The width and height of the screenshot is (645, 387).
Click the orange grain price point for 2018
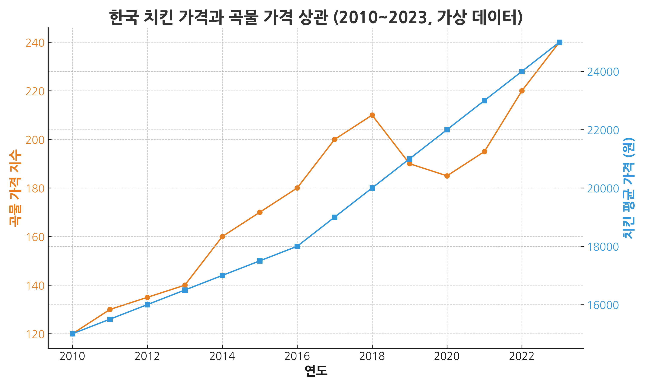click(x=372, y=115)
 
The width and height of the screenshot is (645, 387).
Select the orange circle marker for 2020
click(x=447, y=176)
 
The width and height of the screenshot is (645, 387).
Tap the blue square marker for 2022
click(x=522, y=71)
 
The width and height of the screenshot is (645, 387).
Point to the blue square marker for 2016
click(x=297, y=246)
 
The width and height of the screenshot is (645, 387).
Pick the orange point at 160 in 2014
click(x=222, y=236)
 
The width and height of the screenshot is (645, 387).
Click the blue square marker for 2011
click(x=110, y=319)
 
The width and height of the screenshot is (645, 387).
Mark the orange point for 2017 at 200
click(x=335, y=139)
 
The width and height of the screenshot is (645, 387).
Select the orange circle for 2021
click(x=484, y=152)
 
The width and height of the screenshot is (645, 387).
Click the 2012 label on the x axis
click(x=147, y=356)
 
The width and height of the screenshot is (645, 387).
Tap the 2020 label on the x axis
click(x=447, y=356)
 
